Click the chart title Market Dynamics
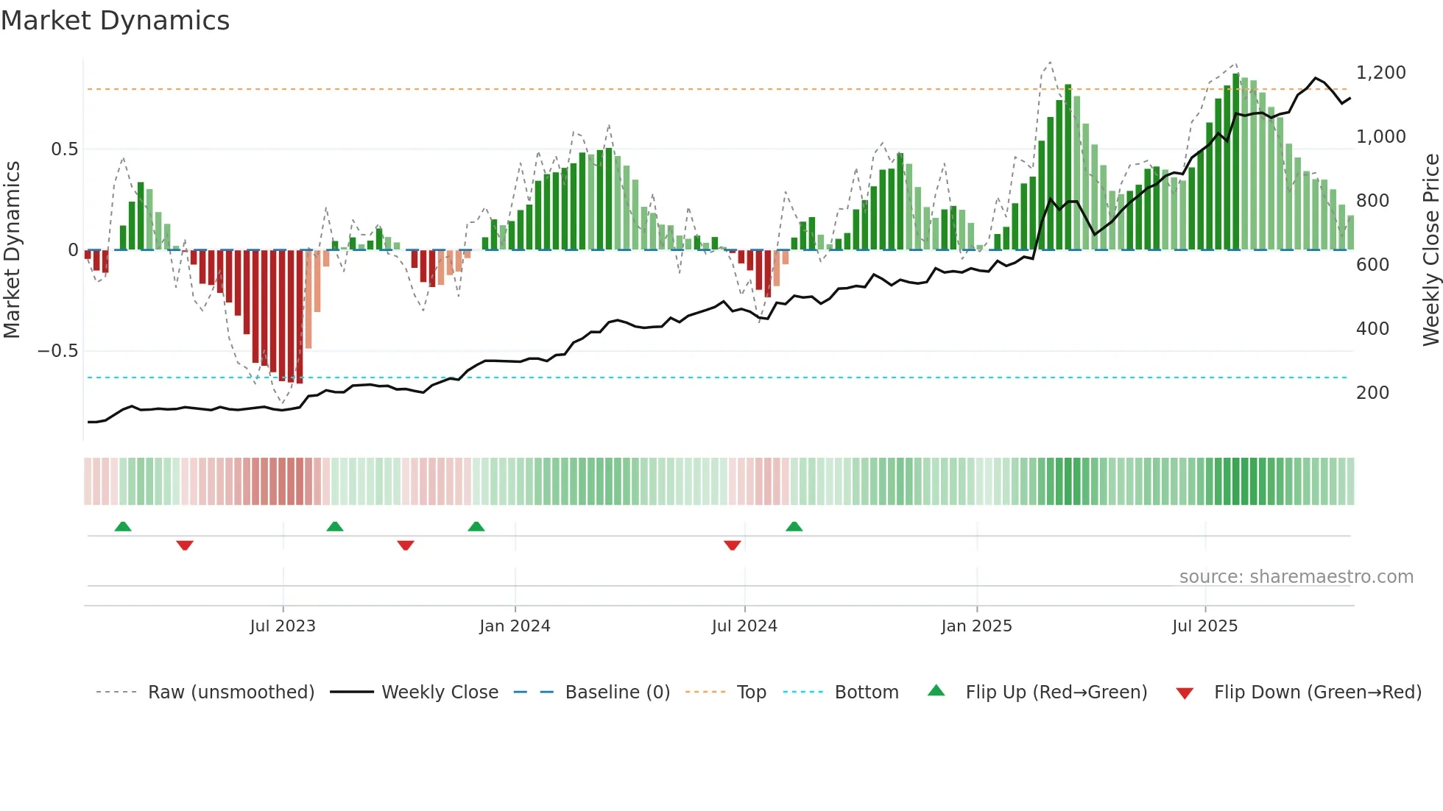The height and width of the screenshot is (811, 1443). click(115, 21)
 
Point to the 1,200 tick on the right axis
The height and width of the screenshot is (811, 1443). click(1380, 73)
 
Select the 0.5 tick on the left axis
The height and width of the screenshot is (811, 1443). click(64, 149)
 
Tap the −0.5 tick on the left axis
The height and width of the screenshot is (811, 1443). click(58, 351)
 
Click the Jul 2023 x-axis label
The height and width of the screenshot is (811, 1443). click(283, 626)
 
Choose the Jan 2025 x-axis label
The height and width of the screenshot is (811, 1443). click(976, 626)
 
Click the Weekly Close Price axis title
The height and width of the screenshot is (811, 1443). click(1430, 249)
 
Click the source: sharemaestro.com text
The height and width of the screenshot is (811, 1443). click(1296, 577)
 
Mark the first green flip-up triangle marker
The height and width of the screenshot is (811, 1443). click(123, 527)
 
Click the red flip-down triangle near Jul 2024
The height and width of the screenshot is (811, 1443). click(732, 545)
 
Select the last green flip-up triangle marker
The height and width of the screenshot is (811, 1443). click(794, 527)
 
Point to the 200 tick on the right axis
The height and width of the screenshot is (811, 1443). click(1372, 393)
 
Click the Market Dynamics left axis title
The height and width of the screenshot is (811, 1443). click(12, 249)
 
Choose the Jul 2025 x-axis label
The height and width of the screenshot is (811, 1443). click(1204, 626)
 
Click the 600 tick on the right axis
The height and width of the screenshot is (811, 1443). click(1372, 265)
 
